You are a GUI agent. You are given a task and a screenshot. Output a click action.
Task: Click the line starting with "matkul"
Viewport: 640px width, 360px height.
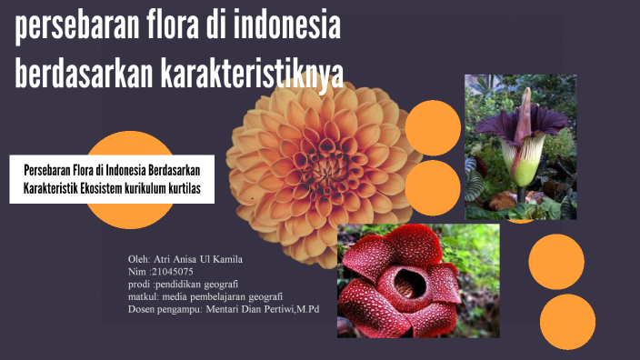[x=205, y=296]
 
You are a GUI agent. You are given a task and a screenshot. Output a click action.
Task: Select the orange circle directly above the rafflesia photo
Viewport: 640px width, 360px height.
[x=432, y=188]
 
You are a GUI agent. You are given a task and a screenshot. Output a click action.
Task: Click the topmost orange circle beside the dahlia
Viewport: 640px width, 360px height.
[x=432, y=127]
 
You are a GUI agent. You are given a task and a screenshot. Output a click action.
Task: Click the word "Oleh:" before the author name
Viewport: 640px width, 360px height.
[x=141, y=260]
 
